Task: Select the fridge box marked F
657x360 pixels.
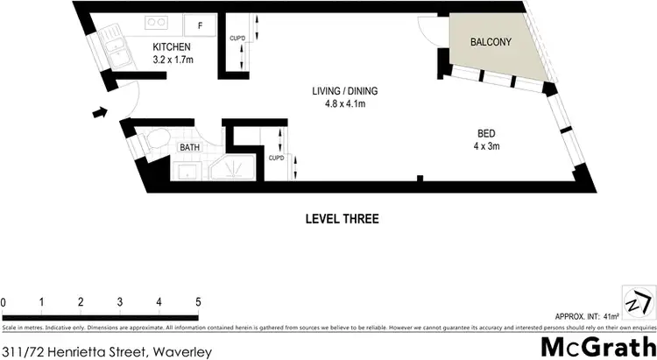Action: tap(200, 25)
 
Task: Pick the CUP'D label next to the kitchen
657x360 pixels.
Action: tap(236, 39)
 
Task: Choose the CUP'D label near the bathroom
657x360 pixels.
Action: tap(275, 158)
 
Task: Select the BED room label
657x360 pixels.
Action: tap(486, 133)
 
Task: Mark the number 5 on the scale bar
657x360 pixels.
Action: tap(198, 302)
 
